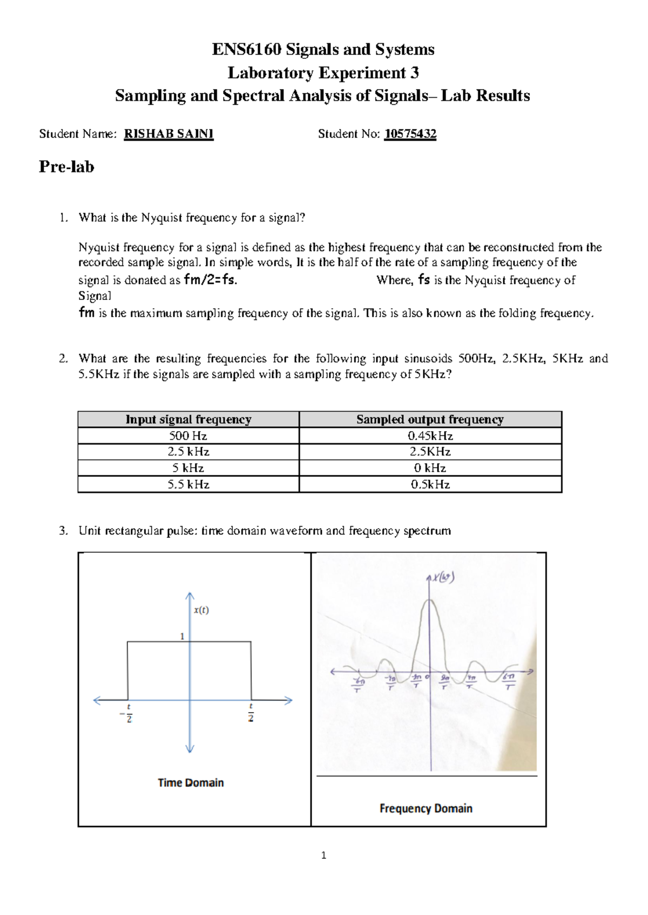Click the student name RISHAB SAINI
coord(168,134)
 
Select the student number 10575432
coord(410,134)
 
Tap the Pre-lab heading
coord(66,167)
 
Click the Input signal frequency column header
coord(188,419)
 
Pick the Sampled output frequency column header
coord(430,419)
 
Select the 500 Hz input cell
coord(188,435)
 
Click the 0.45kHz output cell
coord(430,435)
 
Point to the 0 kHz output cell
coord(430,468)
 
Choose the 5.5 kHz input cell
coord(188,484)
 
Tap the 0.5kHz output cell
coord(430,484)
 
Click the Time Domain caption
coord(191,782)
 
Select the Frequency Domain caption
coord(426,808)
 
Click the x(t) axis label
coord(201,610)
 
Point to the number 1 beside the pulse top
coord(183,636)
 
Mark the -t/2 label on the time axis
coord(128,713)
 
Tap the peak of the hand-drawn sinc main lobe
coord(430,600)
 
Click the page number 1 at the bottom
coord(323,855)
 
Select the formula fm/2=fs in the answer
coord(210,280)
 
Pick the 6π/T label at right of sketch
coord(509,681)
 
